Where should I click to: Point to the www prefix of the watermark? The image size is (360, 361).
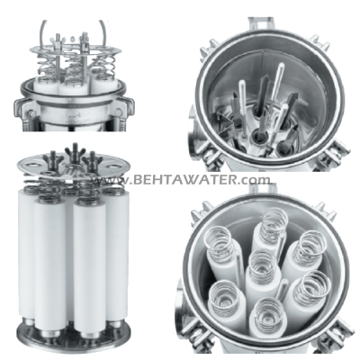[x=111, y=181]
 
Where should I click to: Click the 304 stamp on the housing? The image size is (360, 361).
[x=73, y=115]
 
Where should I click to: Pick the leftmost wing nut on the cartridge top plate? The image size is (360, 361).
[x=52, y=158]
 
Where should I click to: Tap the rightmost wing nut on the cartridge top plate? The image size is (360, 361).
[x=93, y=158]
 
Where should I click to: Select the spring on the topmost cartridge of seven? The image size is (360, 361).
[x=274, y=221]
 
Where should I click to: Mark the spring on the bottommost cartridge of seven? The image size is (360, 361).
[x=267, y=312]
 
